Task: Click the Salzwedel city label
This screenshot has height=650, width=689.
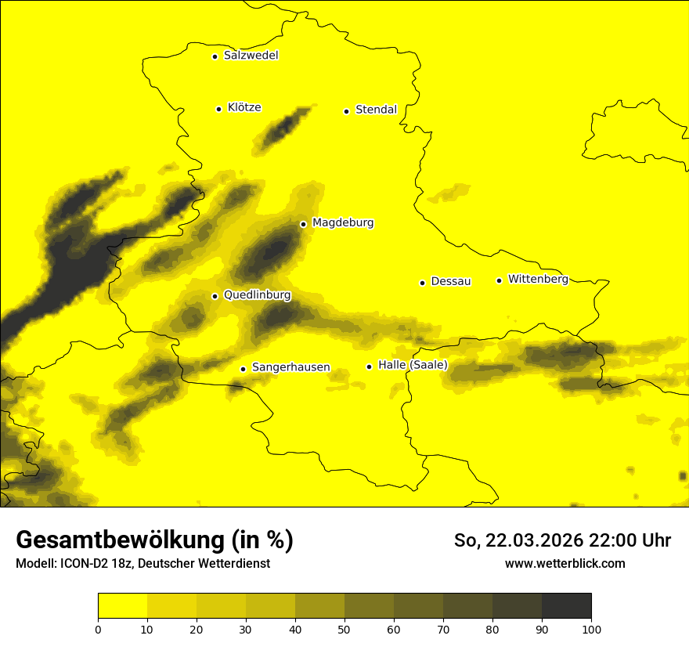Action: [251, 56]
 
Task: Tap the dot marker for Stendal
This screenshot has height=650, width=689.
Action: [346, 110]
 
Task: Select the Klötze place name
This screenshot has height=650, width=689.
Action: [244, 107]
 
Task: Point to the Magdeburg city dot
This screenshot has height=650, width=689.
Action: [303, 224]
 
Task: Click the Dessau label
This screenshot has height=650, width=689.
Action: [451, 281]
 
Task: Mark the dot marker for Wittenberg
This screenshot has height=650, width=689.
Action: [499, 280]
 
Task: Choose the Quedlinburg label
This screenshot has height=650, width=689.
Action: [257, 295]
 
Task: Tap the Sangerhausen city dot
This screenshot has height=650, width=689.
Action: [243, 369]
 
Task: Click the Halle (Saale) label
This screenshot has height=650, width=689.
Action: [413, 365]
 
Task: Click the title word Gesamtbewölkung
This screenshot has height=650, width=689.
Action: [119, 540]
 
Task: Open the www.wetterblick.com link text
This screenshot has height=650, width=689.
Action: [565, 564]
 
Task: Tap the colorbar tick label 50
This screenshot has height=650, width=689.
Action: [344, 629]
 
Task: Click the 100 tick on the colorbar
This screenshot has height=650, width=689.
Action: [591, 629]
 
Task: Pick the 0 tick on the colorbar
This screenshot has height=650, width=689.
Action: [98, 629]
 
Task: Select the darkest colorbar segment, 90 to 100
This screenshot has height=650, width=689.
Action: [566, 606]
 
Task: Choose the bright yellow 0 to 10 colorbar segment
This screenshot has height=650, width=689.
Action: [123, 606]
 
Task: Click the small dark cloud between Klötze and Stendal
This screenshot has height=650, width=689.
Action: [283, 128]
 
